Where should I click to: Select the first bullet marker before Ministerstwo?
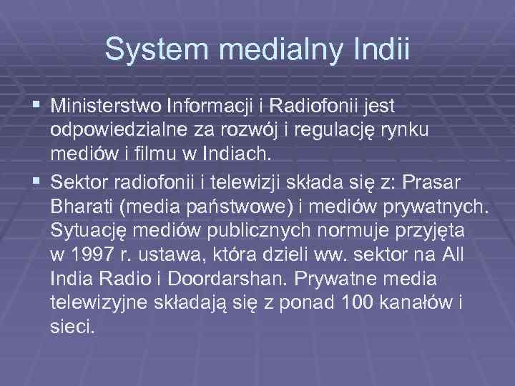tap(39, 107)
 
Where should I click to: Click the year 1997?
tap(94, 254)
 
